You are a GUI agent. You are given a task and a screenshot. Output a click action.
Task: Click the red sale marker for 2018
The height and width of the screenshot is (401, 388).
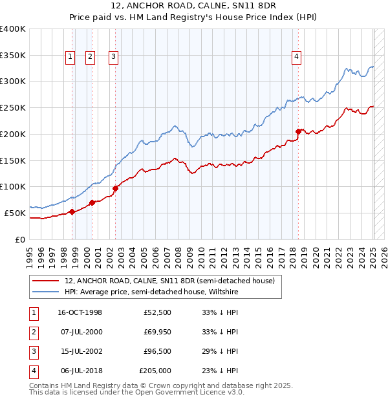click(x=298, y=131)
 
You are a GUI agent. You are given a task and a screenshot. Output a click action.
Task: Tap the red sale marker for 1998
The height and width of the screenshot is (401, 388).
click(x=72, y=211)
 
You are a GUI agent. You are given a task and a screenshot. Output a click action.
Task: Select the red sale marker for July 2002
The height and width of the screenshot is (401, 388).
click(x=115, y=189)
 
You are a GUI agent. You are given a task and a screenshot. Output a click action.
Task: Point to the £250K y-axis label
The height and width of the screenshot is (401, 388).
click(x=13, y=107)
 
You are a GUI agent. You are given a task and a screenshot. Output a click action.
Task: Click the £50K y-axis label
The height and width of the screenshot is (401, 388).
click(x=16, y=213)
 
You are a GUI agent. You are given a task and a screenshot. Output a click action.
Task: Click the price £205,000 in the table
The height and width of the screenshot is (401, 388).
click(x=155, y=371)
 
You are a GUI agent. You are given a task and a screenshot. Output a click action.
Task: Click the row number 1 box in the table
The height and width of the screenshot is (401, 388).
click(x=33, y=312)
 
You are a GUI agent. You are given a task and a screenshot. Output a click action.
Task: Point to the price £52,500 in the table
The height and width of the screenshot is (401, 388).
click(x=157, y=312)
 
